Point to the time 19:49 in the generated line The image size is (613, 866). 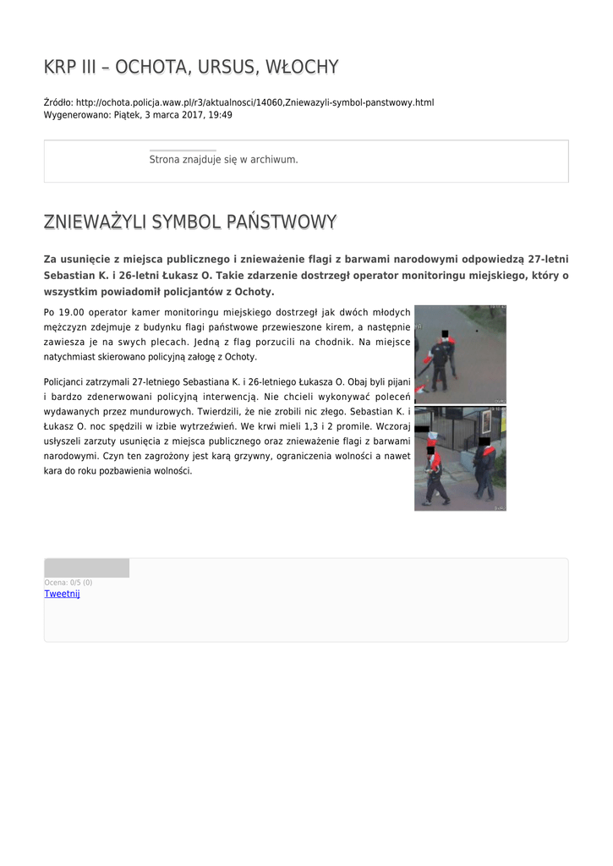[220, 115]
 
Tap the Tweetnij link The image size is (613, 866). [62, 594]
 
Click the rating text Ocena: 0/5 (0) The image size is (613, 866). [68, 583]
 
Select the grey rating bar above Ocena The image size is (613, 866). [86, 568]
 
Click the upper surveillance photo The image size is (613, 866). [460, 354]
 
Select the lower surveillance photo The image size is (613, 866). [460, 458]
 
